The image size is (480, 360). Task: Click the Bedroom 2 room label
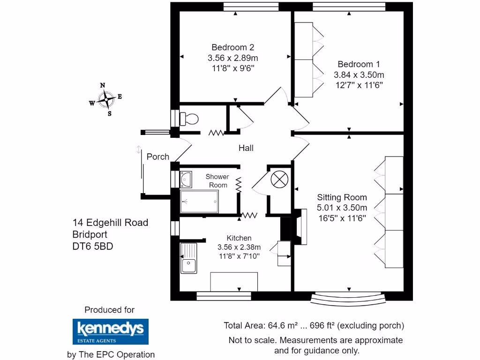click(232, 47)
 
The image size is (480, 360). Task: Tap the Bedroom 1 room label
click(359, 64)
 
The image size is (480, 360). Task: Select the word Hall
click(246, 148)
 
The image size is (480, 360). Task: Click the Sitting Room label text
click(342, 197)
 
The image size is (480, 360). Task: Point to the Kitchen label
click(239, 238)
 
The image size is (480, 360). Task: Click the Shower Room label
click(217, 181)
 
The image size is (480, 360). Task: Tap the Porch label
click(157, 157)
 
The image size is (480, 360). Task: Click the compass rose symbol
click(107, 99)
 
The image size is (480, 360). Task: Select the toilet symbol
click(189, 119)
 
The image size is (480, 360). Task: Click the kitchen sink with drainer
click(189, 259)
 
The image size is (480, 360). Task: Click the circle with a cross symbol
click(279, 179)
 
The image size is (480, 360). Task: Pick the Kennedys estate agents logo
click(110, 332)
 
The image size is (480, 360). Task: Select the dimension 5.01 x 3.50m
click(342, 208)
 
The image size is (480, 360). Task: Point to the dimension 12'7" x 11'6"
click(359, 85)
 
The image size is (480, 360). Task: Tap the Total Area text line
click(314, 325)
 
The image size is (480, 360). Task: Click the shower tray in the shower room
click(200, 202)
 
